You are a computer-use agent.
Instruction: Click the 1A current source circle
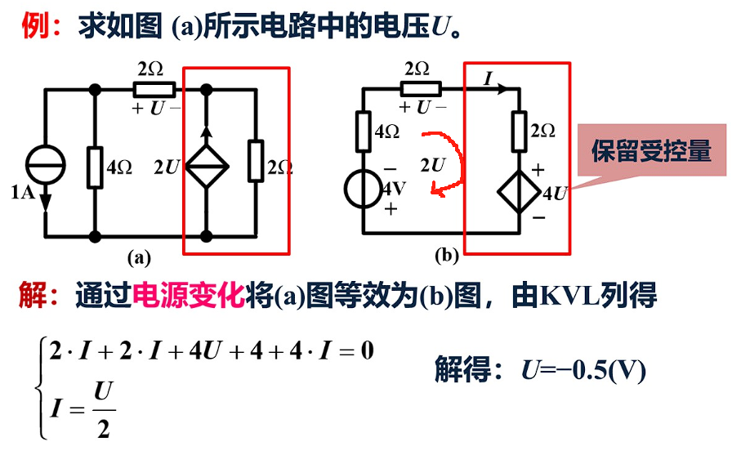(x=43, y=162)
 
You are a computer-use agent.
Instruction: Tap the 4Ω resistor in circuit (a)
(x=96, y=167)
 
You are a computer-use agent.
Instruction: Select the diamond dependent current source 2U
(x=206, y=167)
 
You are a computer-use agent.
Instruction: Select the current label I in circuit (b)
(x=488, y=78)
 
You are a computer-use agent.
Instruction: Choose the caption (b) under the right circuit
(x=446, y=256)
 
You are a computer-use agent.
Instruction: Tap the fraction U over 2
(x=102, y=408)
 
